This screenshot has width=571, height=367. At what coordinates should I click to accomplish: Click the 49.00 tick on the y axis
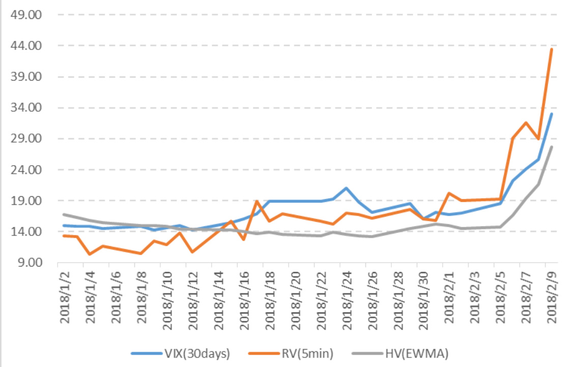(26, 15)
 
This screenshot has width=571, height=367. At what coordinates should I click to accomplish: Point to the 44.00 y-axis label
(26, 46)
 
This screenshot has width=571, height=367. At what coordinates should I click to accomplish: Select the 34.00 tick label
(26, 108)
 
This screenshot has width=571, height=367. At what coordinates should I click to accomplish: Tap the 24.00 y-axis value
(26, 170)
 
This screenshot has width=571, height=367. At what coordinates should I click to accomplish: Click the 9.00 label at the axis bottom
(29, 263)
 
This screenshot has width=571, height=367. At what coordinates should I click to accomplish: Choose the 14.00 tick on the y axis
(26, 231)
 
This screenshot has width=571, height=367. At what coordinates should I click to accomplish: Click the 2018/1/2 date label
(65, 296)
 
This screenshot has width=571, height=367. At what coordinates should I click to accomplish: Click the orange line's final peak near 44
(552, 49)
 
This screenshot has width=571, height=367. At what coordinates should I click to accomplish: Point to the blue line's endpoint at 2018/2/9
(552, 114)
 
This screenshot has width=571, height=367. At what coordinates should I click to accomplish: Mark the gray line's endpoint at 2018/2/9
(552, 147)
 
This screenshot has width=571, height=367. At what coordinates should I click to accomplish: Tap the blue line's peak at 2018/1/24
(347, 188)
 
